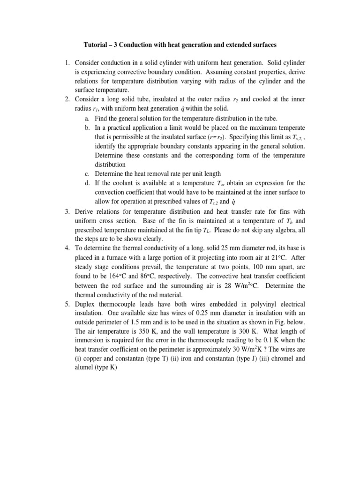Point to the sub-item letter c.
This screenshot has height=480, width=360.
[87, 173]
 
